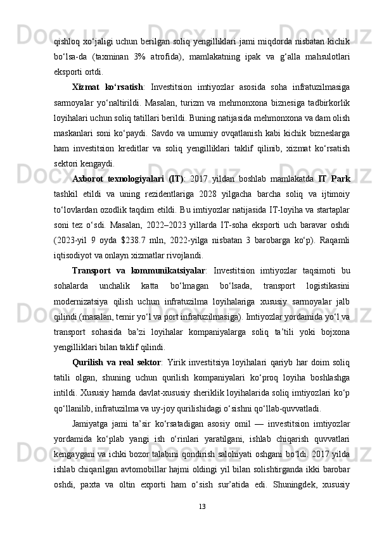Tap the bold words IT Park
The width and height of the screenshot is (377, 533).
(x=336, y=179)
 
